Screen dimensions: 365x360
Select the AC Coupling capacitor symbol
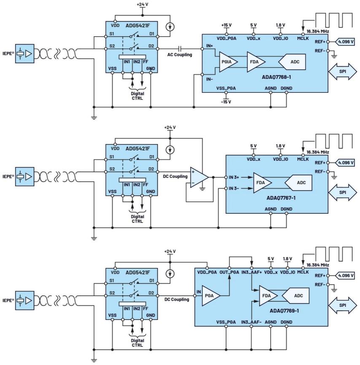click(x=180, y=48)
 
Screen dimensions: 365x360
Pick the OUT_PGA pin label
click(x=229, y=273)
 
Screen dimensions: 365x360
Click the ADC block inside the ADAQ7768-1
click(x=292, y=62)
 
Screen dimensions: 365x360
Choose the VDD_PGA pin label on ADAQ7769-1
click(x=207, y=273)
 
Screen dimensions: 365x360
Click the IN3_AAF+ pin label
click(x=252, y=273)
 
